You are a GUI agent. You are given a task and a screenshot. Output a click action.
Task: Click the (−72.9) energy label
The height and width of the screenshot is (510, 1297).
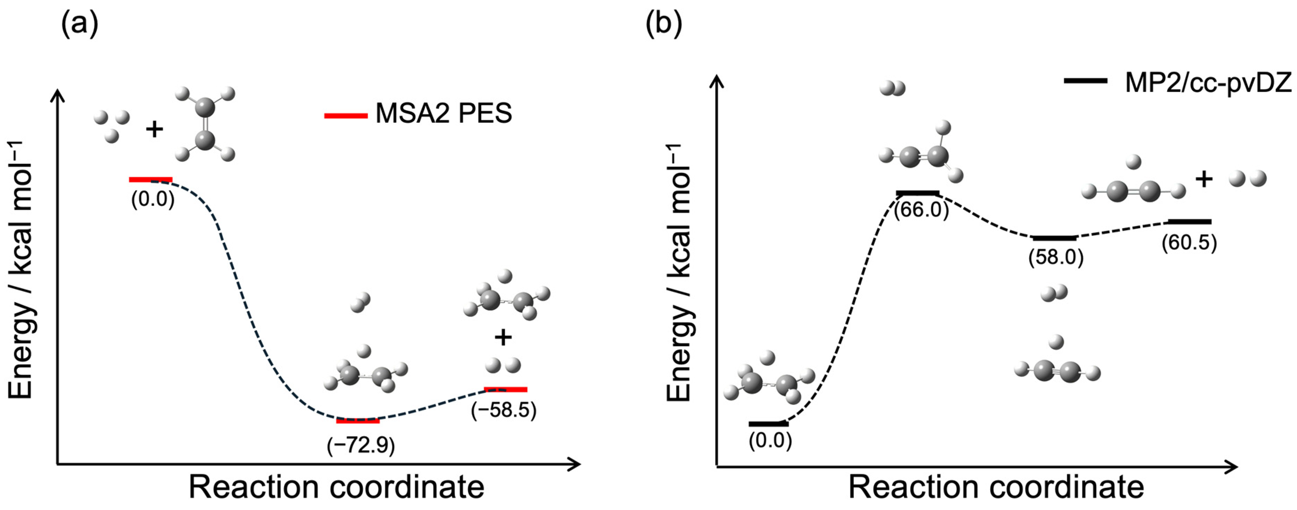click(x=360, y=446)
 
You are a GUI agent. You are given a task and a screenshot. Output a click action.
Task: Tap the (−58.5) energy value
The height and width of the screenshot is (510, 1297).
click(x=503, y=410)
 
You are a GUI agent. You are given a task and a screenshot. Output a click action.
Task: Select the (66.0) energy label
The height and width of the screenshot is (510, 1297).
click(x=921, y=210)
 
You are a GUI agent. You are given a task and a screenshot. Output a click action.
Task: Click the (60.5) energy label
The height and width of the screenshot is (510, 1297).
click(x=1189, y=243)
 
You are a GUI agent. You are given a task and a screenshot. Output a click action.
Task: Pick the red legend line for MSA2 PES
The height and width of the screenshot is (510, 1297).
click(x=345, y=116)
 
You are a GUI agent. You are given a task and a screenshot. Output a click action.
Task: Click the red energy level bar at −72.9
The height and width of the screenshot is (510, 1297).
click(x=358, y=421)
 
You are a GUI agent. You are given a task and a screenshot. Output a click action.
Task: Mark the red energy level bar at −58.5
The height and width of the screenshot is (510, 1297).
click(x=506, y=389)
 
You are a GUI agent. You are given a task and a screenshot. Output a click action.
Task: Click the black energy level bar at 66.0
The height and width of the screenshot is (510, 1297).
click(x=918, y=193)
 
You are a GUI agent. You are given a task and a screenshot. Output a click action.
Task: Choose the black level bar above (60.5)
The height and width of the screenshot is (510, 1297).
click(x=1189, y=222)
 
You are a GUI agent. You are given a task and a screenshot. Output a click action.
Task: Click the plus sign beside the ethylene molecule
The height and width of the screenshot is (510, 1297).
click(x=155, y=130)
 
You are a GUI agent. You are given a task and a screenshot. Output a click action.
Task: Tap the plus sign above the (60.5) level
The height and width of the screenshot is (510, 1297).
click(x=1204, y=180)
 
